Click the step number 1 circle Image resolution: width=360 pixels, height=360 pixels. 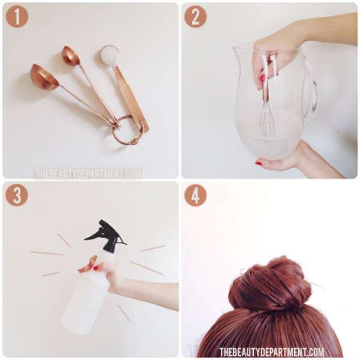(17, 17)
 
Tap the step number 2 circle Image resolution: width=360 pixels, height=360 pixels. (196, 17)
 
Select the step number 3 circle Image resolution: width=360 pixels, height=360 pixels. (17, 196)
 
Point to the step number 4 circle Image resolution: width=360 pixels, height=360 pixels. (196, 196)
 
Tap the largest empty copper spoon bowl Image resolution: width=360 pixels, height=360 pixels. (44, 77)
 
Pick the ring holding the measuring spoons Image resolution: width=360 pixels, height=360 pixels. (125, 131)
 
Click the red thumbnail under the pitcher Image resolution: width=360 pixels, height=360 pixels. (259, 163)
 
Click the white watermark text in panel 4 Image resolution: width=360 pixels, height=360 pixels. (272, 352)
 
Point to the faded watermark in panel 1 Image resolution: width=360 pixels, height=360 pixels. (88, 173)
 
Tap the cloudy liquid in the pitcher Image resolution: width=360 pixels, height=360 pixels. (268, 147)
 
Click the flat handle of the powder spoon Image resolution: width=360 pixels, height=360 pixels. (131, 99)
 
